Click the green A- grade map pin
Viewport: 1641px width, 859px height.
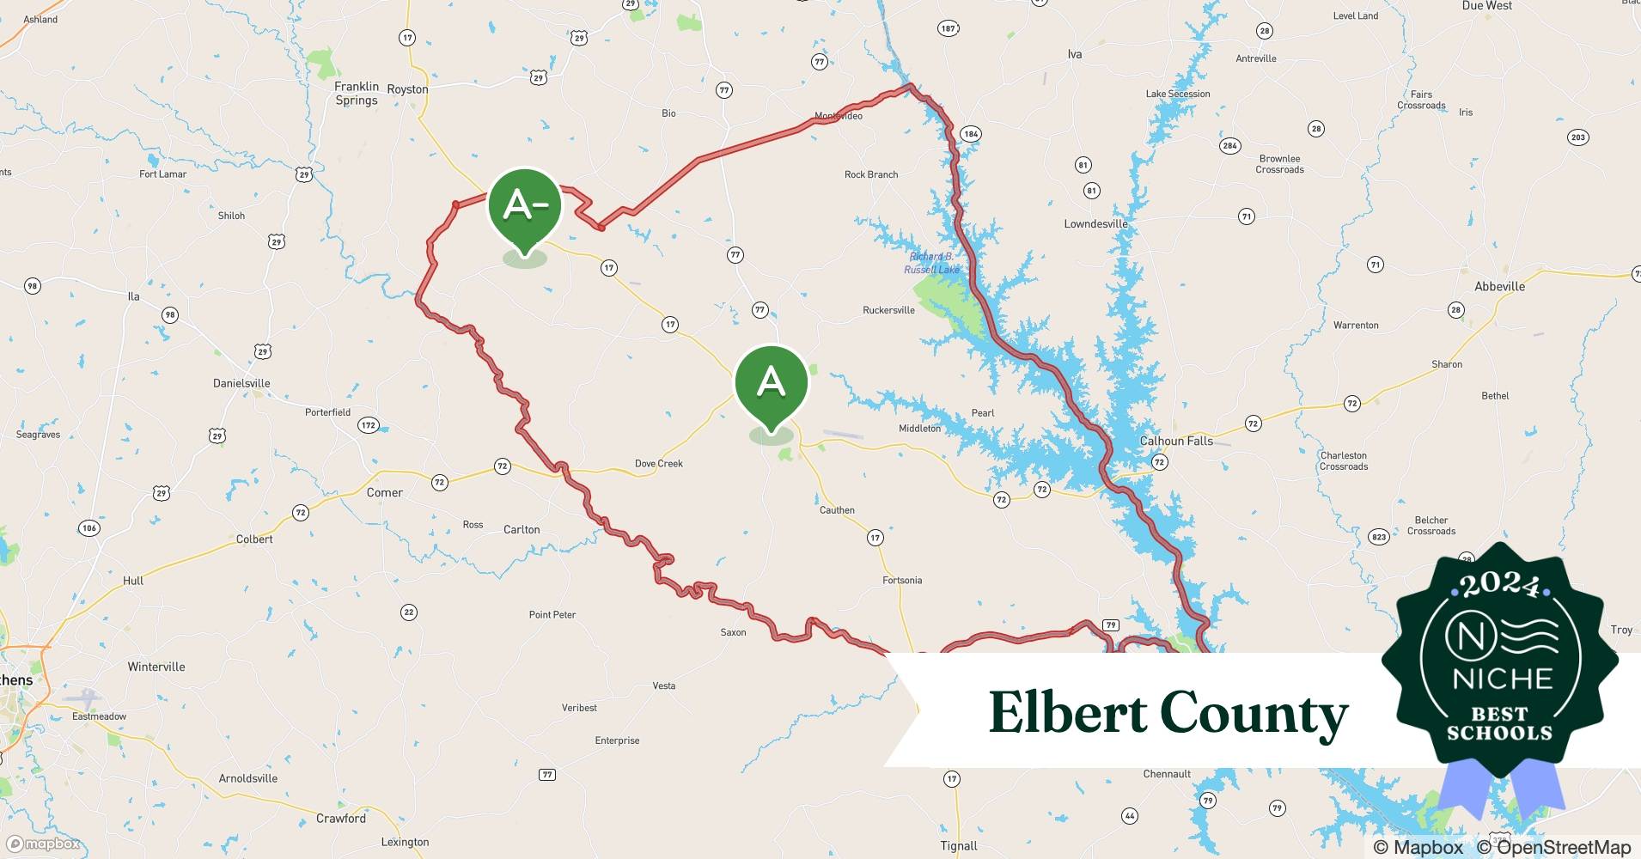pyautogui.click(x=524, y=206)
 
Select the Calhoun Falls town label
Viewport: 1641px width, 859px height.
pyautogui.click(x=1176, y=441)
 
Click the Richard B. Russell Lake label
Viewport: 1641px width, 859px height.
pyautogui.click(x=931, y=263)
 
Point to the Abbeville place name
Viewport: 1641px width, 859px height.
pyautogui.click(x=1499, y=287)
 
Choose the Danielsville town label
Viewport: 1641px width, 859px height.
pyautogui.click(x=241, y=383)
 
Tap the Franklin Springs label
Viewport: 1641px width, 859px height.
pyautogui.click(x=357, y=94)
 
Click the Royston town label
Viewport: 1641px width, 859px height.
pyautogui.click(x=407, y=89)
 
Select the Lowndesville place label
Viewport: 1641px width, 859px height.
pyautogui.click(x=1095, y=224)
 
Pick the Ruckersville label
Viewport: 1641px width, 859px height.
pyautogui.click(x=888, y=310)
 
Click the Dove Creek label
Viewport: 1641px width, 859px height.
pyautogui.click(x=658, y=464)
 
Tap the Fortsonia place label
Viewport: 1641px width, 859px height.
pyautogui.click(x=902, y=581)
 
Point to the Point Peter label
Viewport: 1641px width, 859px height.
pyautogui.click(x=552, y=615)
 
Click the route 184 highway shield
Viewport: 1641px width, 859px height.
pyautogui.click(x=971, y=134)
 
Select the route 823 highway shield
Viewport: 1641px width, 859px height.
pyautogui.click(x=1378, y=537)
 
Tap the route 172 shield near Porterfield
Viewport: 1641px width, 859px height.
pyautogui.click(x=369, y=425)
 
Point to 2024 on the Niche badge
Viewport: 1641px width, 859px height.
pyautogui.click(x=1499, y=585)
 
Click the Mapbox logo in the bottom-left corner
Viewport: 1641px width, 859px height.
pyautogui.click(x=43, y=844)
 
